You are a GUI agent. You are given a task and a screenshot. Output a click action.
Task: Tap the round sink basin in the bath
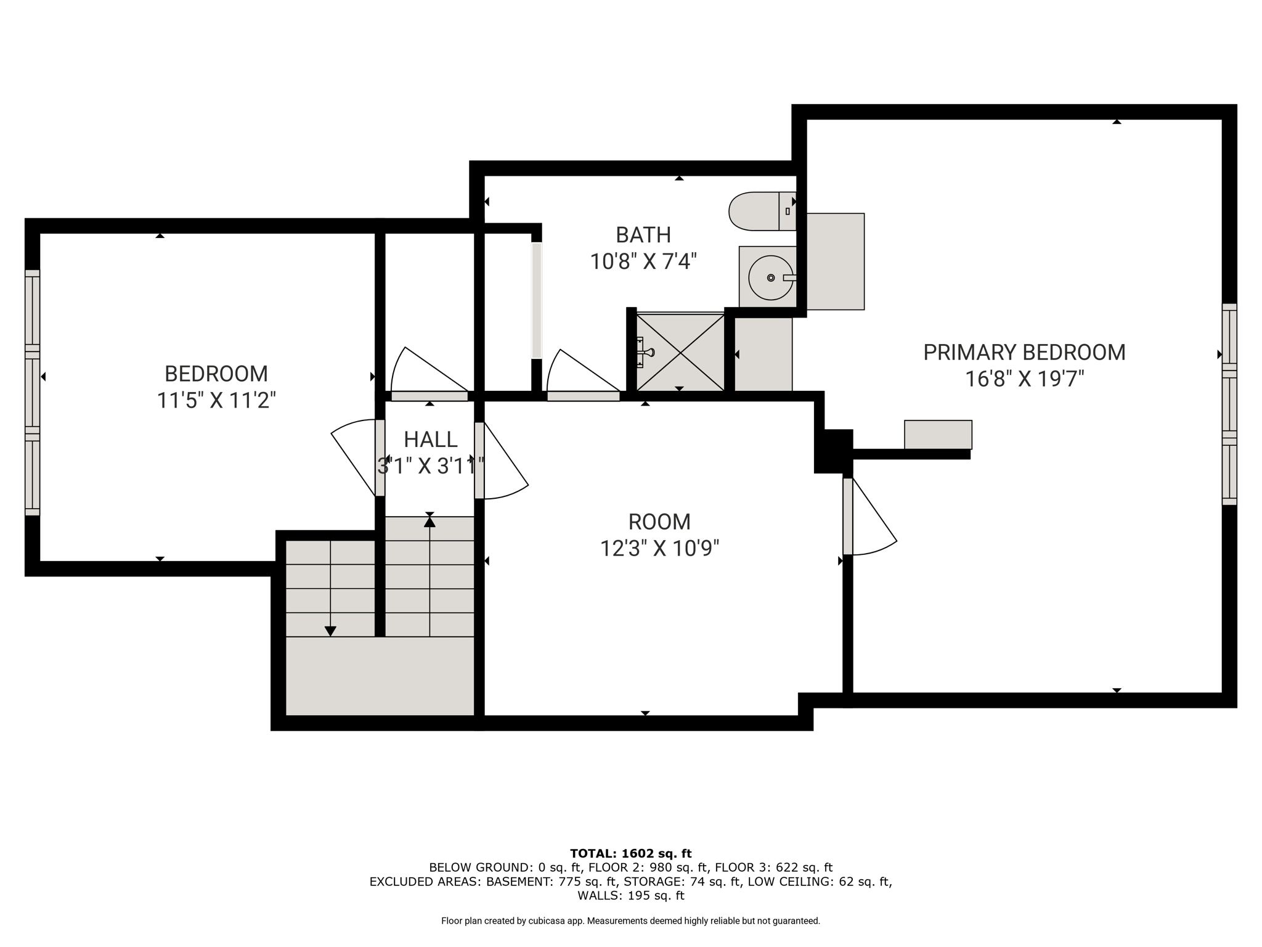(x=771, y=278)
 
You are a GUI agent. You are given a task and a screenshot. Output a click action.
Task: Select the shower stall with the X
(x=680, y=352)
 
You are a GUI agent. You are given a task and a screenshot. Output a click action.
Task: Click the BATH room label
(x=643, y=235)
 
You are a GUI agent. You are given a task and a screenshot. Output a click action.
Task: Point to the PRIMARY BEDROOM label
(x=1024, y=353)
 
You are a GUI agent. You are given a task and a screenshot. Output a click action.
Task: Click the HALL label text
(x=431, y=440)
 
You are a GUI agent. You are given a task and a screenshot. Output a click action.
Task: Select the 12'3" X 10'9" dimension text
(x=659, y=547)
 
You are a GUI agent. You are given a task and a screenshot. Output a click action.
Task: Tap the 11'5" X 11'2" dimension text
(x=216, y=401)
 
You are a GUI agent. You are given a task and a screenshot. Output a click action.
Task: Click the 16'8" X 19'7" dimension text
(x=1024, y=379)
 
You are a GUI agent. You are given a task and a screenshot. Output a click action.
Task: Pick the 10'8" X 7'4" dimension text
(x=643, y=261)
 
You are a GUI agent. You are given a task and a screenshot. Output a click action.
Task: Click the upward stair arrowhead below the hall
(x=429, y=522)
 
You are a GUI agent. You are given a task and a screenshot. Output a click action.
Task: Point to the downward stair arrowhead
(x=330, y=631)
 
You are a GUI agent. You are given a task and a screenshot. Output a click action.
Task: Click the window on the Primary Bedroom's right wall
(x=1229, y=404)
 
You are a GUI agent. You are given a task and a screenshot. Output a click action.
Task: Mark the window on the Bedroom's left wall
(x=32, y=393)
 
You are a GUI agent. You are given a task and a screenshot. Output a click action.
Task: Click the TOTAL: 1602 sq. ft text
(x=631, y=854)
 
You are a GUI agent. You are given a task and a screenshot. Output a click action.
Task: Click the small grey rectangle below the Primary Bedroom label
(x=938, y=435)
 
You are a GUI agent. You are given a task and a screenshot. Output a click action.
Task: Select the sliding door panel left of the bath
(x=537, y=300)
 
